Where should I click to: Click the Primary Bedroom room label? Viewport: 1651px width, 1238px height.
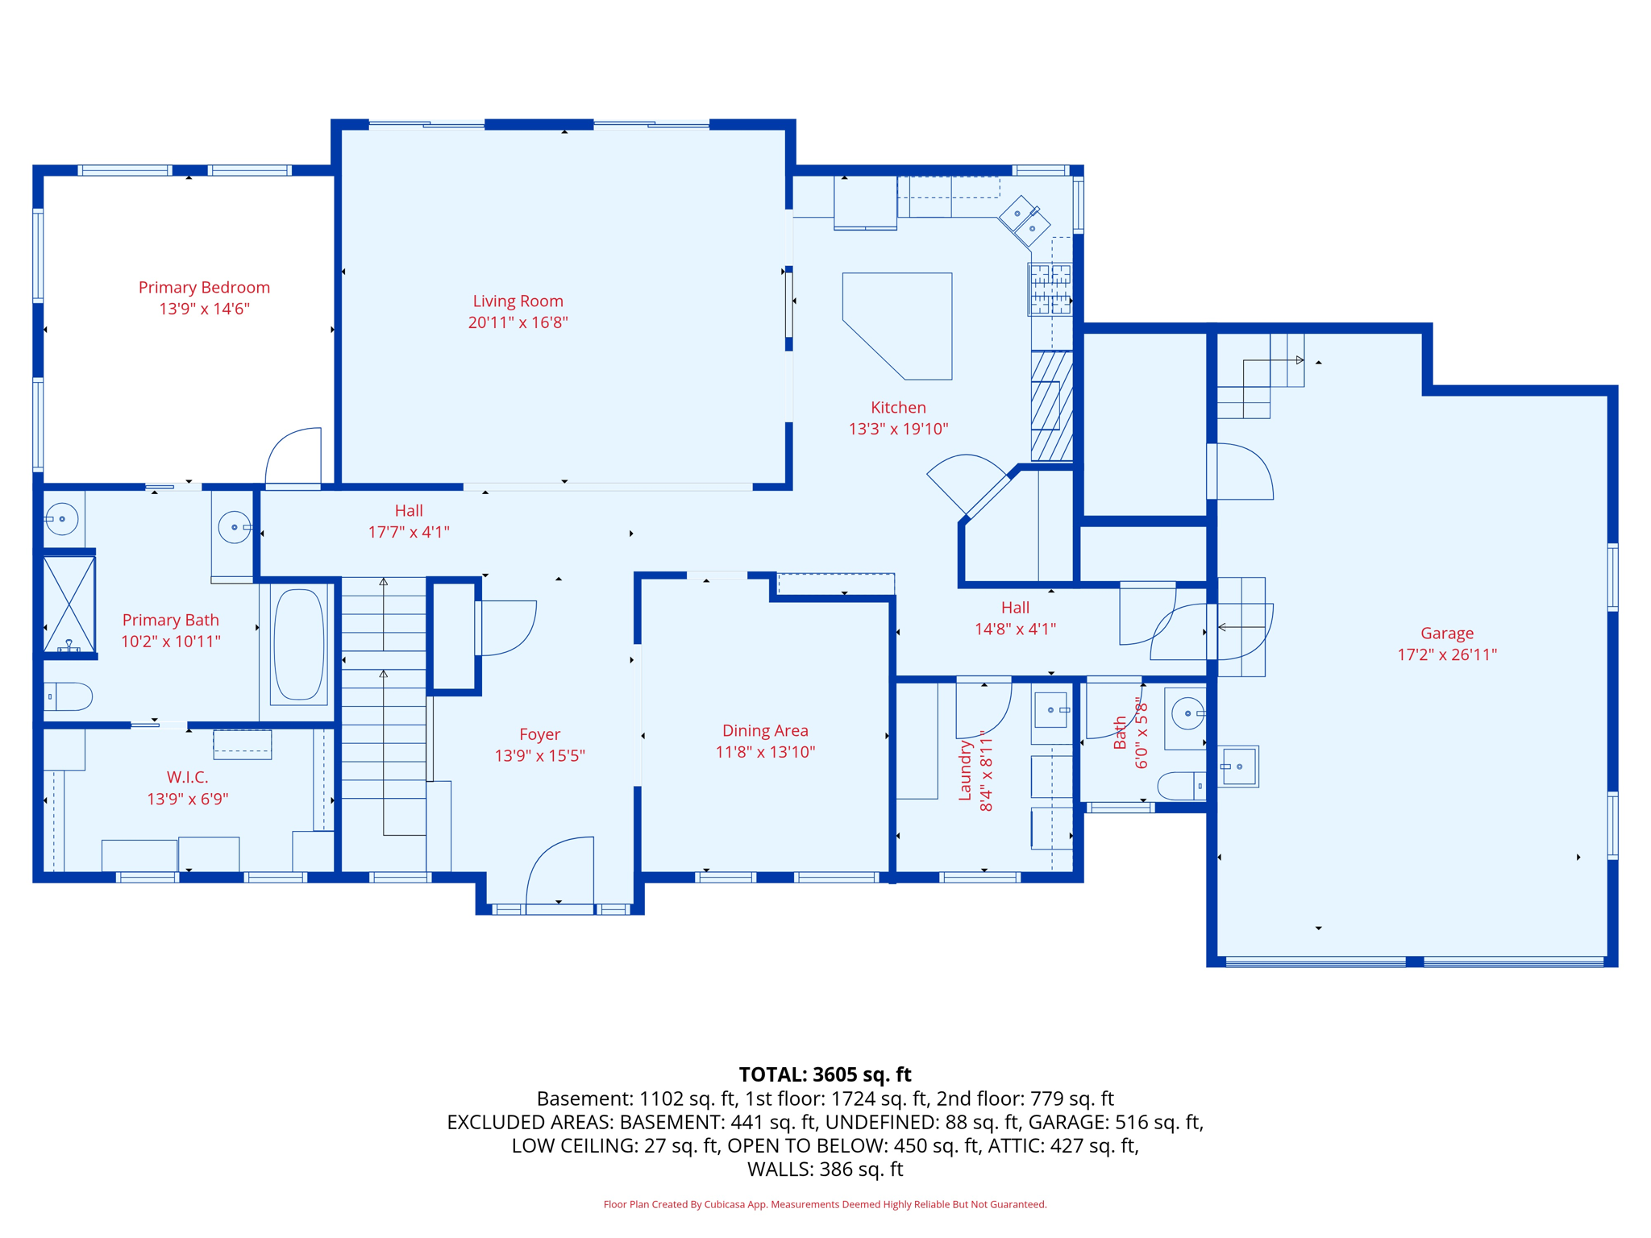tap(204, 288)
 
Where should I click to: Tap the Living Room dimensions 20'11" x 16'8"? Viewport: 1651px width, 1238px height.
tap(518, 322)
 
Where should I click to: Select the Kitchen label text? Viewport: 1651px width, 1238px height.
tap(898, 408)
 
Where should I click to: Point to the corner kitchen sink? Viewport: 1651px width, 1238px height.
tap(1025, 221)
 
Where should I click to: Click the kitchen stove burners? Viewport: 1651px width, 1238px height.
tap(1050, 289)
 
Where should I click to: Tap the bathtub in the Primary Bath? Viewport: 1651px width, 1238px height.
tap(298, 644)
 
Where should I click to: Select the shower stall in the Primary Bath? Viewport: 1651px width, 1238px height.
tap(69, 604)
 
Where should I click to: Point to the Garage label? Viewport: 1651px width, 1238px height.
tap(1446, 634)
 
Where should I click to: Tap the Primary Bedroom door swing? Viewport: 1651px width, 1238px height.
tap(293, 457)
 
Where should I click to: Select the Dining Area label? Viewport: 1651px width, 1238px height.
tap(764, 731)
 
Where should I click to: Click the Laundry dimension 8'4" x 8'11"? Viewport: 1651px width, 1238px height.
tap(986, 771)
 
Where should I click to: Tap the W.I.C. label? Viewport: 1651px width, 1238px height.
tap(187, 778)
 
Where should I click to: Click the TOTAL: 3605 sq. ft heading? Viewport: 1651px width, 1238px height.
tap(825, 1074)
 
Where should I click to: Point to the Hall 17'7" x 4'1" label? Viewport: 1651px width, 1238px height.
tap(409, 521)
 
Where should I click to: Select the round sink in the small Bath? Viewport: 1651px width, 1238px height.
tap(1187, 713)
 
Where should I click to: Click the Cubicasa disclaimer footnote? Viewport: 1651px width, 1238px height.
tap(825, 1204)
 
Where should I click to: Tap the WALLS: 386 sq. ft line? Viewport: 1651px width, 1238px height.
tap(825, 1169)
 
